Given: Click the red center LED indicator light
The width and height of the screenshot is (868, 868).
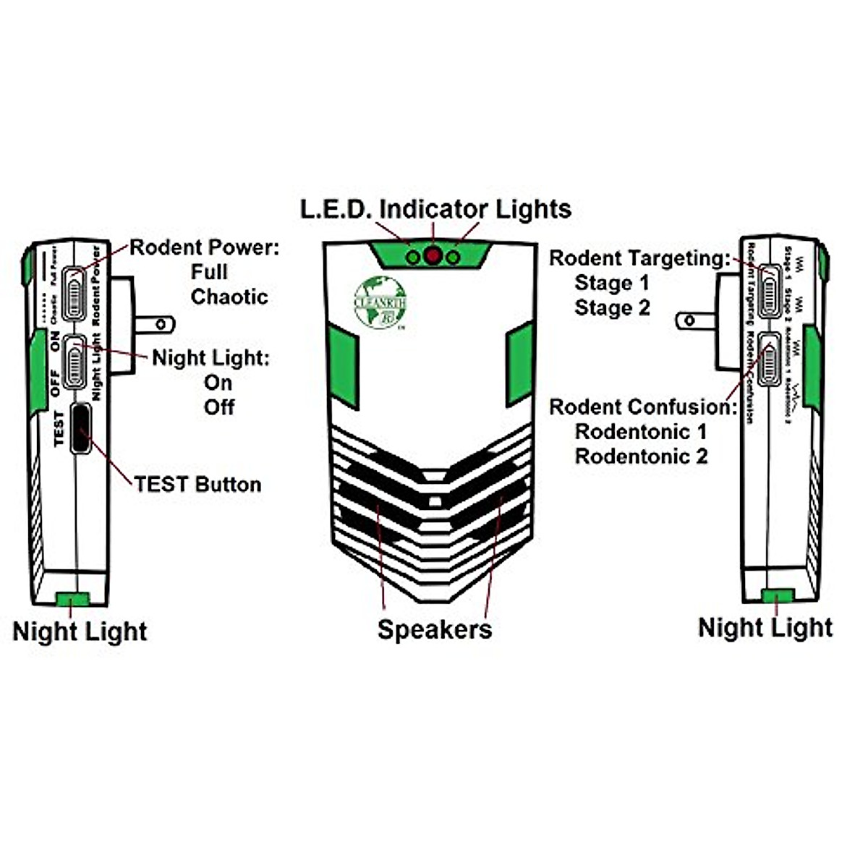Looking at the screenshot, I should (433, 256).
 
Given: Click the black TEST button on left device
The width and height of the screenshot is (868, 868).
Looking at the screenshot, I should (81, 428).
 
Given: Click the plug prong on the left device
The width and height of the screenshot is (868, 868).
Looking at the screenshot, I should (155, 323).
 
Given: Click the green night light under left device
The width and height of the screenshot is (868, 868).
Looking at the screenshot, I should (72, 598).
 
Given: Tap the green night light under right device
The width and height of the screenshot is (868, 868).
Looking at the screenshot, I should (778, 595).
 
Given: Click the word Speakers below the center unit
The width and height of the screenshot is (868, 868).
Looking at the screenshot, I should (435, 629).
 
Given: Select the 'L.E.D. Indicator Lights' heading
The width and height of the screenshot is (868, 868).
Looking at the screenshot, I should (435, 209).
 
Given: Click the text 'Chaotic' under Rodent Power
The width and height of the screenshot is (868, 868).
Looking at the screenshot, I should (229, 297).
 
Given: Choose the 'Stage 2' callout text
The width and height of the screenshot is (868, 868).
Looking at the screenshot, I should (612, 307).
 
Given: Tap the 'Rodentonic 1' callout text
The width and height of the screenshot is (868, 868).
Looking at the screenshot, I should (641, 432).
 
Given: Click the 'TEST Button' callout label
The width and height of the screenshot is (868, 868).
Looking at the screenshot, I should (197, 484).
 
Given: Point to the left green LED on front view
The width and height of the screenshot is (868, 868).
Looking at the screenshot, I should (413, 257).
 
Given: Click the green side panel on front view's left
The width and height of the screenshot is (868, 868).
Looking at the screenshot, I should (343, 361).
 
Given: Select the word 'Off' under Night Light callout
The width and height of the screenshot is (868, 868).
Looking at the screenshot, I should (218, 407).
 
